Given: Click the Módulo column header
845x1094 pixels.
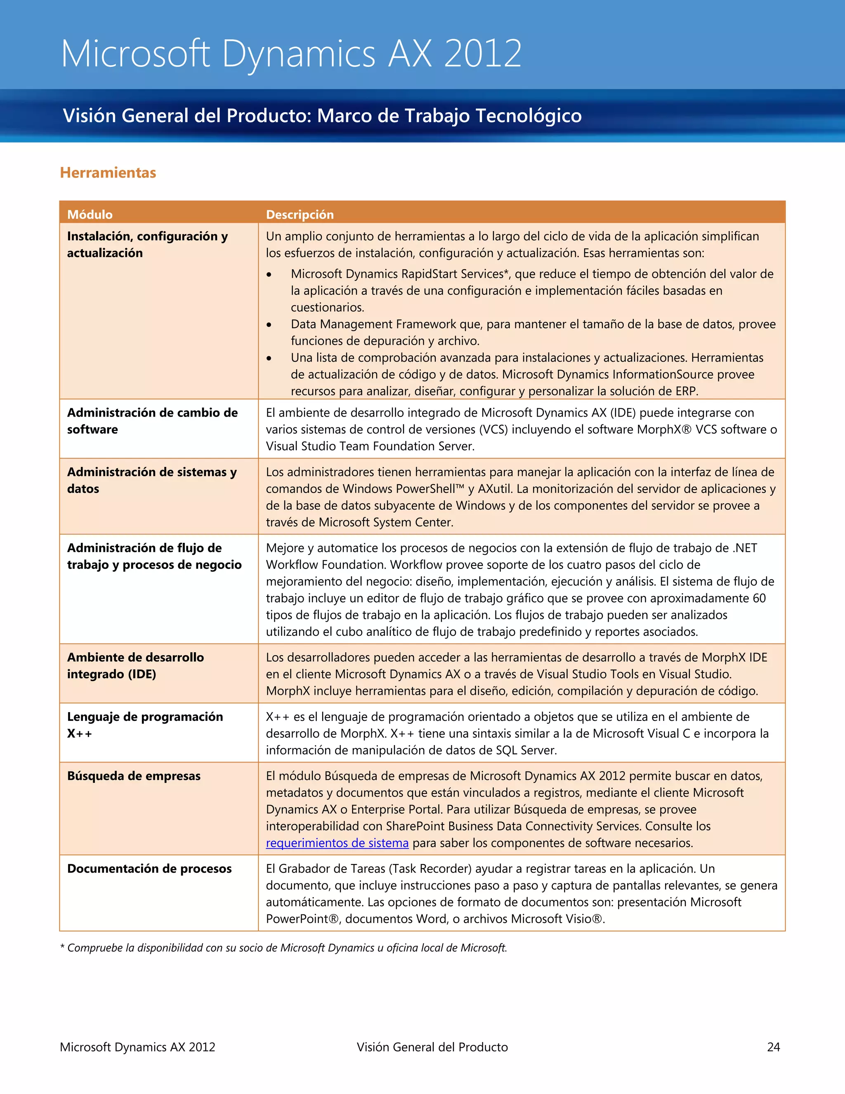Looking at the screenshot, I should click(x=90, y=214).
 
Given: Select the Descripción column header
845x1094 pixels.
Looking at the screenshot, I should click(x=300, y=214).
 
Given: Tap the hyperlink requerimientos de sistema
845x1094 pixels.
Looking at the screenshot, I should click(x=337, y=843).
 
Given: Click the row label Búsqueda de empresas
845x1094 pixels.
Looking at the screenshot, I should click(x=134, y=776).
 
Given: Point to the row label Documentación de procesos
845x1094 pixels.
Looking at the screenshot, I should click(x=149, y=869).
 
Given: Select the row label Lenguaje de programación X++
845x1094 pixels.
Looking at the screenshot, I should click(x=145, y=725).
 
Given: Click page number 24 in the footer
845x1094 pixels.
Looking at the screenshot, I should click(x=774, y=1047).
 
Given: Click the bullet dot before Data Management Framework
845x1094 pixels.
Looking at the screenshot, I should click(x=269, y=325).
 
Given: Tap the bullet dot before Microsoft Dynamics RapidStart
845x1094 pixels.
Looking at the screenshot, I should click(x=269, y=275).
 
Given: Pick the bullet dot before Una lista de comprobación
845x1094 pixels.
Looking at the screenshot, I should click(x=269, y=359).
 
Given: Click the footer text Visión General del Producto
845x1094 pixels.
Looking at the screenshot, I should click(x=432, y=1047).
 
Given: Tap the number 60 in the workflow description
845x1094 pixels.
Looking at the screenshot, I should click(x=759, y=598).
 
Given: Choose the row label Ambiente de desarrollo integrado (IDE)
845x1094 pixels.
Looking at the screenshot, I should click(x=135, y=666).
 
